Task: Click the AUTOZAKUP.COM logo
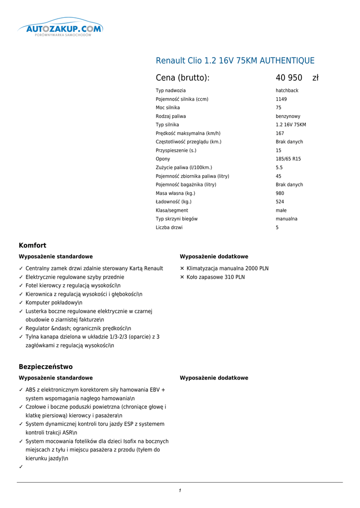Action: click(x=61, y=29)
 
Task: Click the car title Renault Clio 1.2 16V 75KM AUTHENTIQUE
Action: click(x=235, y=61)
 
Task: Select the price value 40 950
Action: click(x=289, y=78)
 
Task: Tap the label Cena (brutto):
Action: click(x=183, y=78)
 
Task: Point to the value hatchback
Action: click(x=287, y=91)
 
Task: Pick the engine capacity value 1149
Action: click(x=281, y=99)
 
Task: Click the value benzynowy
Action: click(x=288, y=116)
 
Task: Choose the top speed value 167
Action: click(x=280, y=133)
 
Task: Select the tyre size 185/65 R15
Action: click(x=288, y=159)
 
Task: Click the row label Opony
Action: click(x=163, y=159)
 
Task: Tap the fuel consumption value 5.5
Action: click(x=279, y=168)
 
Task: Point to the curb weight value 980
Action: click(x=280, y=193)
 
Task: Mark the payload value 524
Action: click(x=280, y=202)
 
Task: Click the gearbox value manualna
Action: click(x=287, y=219)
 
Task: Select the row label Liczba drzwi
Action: click(x=169, y=228)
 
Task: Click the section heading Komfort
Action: click(x=32, y=246)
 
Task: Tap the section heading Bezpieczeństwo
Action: click(x=46, y=367)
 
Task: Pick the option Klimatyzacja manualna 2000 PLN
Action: click(x=227, y=268)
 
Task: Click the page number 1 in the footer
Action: click(x=180, y=491)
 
